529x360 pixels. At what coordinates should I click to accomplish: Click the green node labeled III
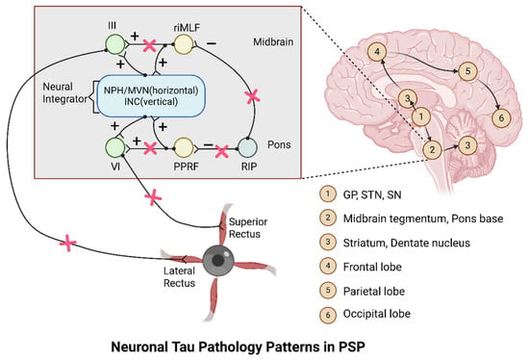coord(115,44)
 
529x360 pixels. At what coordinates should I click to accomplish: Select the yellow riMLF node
coord(184,44)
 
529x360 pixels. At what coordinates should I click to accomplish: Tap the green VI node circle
coord(115,148)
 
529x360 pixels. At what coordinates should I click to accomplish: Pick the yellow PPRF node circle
coord(184,148)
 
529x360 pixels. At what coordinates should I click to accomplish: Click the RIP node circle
coord(247,148)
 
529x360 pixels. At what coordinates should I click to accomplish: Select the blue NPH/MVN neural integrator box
coord(151,96)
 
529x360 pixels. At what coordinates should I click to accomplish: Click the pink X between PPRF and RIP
coord(221,151)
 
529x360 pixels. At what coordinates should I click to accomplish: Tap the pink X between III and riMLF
coord(149,45)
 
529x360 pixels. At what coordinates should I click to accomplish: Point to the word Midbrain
coord(273,42)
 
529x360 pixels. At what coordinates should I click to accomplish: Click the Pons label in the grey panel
coord(279,144)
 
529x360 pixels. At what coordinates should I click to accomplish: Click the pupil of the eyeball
coord(218,260)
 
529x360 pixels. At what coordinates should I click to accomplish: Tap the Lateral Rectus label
coord(179,277)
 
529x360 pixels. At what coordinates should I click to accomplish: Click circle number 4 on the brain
coord(377,52)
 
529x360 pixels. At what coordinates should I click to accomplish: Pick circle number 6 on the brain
coord(501,117)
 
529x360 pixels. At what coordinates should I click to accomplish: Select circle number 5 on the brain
coord(467,71)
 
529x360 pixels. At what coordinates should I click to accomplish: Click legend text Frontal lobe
coord(372,268)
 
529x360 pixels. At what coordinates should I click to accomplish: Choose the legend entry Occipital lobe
coord(377,314)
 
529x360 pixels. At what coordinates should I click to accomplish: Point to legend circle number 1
coord(328,193)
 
